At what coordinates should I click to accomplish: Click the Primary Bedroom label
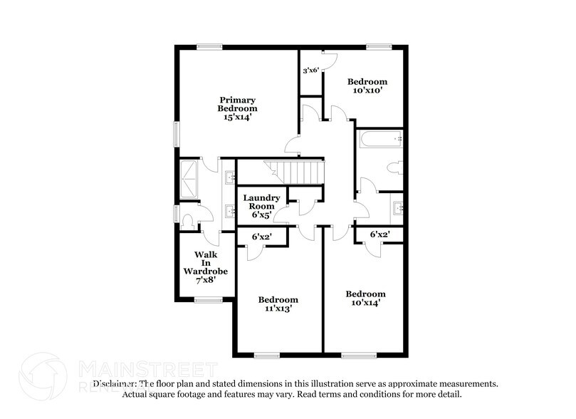(237, 104)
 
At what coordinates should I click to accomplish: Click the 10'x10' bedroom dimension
(367, 90)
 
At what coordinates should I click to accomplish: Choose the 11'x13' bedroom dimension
(278, 309)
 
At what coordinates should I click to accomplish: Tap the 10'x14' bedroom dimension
(365, 304)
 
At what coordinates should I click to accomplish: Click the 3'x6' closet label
(310, 71)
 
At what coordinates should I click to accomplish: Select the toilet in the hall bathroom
(394, 168)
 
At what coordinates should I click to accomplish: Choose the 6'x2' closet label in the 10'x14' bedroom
(379, 234)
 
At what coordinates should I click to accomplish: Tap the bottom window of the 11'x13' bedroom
(266, 354)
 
